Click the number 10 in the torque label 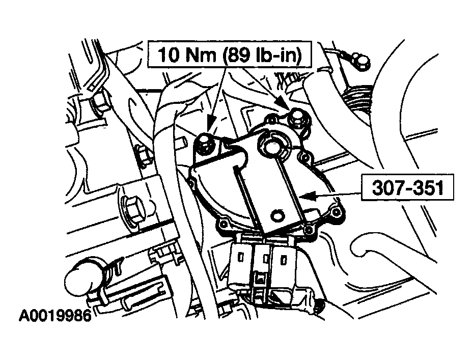pyautogui.click(x=169, y=54)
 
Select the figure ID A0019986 pyautogui.click(x=55, y=316)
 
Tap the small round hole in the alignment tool pyautogui.click(x=276, y=215)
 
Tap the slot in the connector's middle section pyautogui.click(x=266, y=259)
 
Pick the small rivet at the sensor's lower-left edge pyautogui.click(x=223, y=224)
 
